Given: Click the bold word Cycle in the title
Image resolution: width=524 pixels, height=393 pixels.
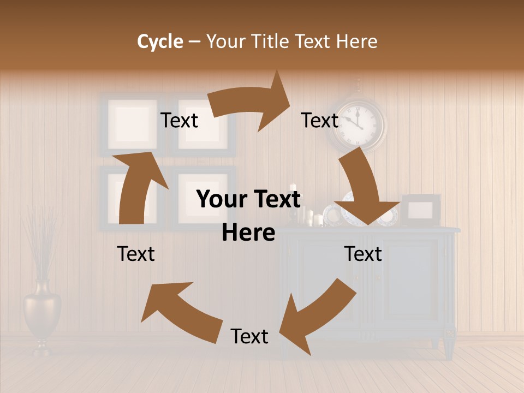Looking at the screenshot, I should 160,41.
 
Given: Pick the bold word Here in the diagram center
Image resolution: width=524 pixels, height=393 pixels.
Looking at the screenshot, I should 248,233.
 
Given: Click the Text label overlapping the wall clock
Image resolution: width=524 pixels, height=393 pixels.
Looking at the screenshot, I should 320,120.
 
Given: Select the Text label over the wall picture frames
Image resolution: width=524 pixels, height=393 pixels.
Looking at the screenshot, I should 179,120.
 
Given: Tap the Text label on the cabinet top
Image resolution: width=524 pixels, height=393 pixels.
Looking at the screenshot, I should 363,254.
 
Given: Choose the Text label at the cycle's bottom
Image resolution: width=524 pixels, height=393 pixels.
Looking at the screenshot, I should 249,336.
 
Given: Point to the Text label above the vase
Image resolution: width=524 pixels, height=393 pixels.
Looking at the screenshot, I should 136,254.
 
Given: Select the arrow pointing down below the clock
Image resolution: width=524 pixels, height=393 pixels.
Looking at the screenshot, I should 364,191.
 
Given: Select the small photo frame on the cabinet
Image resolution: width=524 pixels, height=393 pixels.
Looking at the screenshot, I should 421,210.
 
